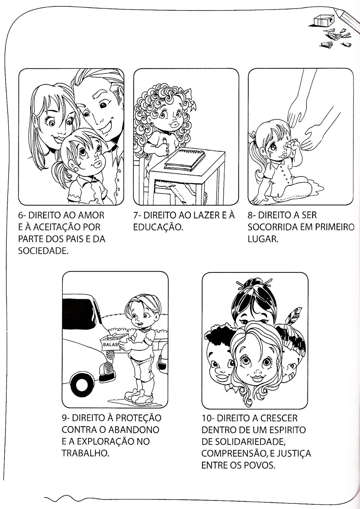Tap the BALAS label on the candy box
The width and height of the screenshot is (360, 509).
coord(110,344)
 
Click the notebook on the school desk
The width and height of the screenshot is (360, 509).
coord(185,159)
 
